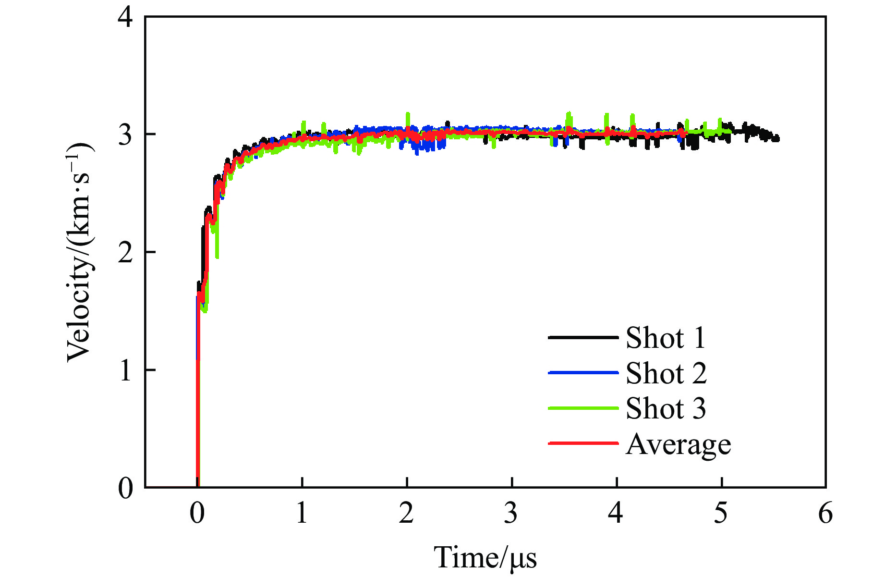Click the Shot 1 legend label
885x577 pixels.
(666, 338)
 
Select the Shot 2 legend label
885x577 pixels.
(666, 373)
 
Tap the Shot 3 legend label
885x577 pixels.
(666, 409)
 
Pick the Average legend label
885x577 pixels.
(678, 444)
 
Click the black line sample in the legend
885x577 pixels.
(583, 338)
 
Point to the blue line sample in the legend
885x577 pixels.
(583, 373)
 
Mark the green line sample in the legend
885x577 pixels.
(583, 408)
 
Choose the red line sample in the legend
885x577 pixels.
(583, 443)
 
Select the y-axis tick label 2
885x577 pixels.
(125, 253)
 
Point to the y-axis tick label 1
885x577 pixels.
(126, 370)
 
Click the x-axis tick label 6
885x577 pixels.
(825, 514)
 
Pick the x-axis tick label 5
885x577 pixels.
(720, 514)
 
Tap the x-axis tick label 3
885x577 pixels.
(511, 514)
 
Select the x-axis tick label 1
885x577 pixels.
(302, 514)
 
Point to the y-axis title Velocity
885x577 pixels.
(79, 252)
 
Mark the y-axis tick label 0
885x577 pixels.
(125, 489)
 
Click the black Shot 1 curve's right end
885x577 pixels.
(777, 139)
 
